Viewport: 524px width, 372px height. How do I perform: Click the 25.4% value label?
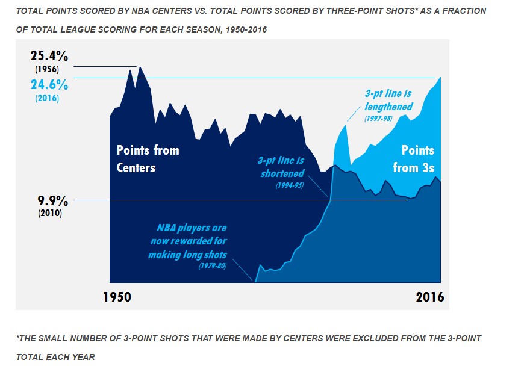point(49,56)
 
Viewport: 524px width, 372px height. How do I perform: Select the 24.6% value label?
point(49,85)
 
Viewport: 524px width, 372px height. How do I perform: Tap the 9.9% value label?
point(52,201)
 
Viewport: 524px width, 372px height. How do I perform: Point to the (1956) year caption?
point(47,69)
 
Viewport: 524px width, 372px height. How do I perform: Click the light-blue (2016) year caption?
point(47,98)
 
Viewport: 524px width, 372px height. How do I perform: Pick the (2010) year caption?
point(50,213)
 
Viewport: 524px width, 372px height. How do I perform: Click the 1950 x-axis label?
point(117,297)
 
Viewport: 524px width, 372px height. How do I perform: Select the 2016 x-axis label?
point(430,297)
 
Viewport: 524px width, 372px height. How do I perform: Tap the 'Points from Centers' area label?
point(148,159)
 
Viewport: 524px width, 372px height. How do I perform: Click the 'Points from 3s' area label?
point(413,159)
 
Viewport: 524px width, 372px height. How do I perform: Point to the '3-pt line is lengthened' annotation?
point(388,100)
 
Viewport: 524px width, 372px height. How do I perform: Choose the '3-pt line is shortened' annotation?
point(281,167)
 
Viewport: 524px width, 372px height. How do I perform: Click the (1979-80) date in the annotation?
point(213,266)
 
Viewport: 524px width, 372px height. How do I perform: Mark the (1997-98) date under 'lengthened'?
point(378,119)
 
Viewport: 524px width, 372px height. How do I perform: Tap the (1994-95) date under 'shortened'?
point(290,185)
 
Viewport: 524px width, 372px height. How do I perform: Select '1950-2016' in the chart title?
point(246,29)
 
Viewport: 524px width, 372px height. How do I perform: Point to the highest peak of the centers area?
point(140,67)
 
